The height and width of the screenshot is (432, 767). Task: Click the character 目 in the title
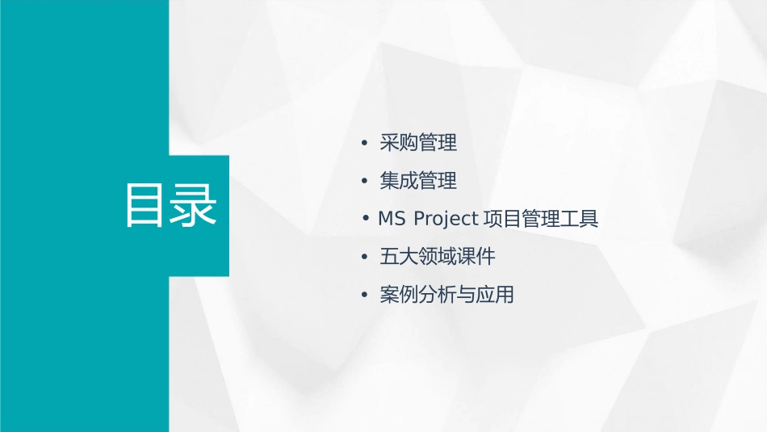click(x=145, y=206)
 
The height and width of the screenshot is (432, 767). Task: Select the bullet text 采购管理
click(x=418, y=143)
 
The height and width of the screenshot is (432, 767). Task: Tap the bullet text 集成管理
click(x=418, y=181)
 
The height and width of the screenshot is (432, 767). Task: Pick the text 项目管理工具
click(x=540, y=219)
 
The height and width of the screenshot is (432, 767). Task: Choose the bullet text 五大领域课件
click(x=437, y=258)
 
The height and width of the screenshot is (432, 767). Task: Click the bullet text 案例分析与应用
click(x=446, y=296)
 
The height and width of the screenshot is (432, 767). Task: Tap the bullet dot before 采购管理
click(x=365, y=144)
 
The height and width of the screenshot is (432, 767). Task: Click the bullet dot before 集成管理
click(x=365, y=182)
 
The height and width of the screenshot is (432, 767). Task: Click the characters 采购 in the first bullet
click(x=399, y=143)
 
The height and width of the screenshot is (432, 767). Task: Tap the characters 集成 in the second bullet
click(x=399, y=181)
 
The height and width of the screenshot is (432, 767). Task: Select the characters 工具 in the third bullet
click(x=579, y=219)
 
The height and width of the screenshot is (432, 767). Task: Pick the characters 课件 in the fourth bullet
click(x=476, y=258)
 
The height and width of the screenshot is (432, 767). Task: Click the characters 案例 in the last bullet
click(x=399, y=296)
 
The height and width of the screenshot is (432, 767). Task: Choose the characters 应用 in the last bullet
click(x=495, y=296)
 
